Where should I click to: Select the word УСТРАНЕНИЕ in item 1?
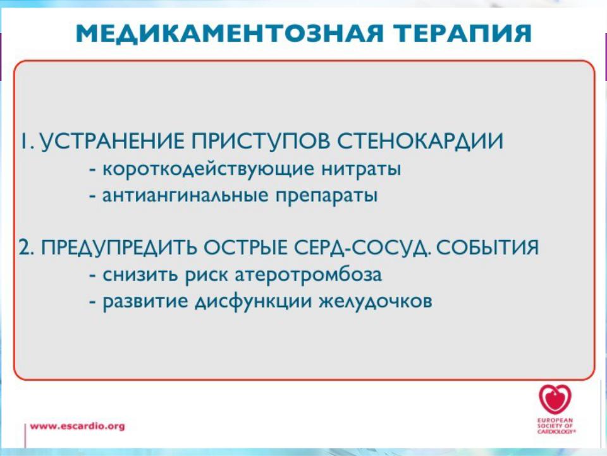click(x=112, y=141)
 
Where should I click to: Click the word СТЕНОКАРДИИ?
click(x=420, y=141)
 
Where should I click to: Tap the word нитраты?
click(x=361, y=170)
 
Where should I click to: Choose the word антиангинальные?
click(x=185, y=195)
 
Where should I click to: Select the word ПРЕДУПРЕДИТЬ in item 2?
click(x=119, y=248)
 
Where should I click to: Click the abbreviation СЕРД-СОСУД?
click(x=363, y=248)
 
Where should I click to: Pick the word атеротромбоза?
click(x=309, y=275)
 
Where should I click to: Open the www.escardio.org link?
click(x=77, y=426)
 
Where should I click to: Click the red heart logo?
click(x=555, y=400)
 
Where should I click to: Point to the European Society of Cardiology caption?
click(x=555, y=426)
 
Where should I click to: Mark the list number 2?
click(x=25, y=248)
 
